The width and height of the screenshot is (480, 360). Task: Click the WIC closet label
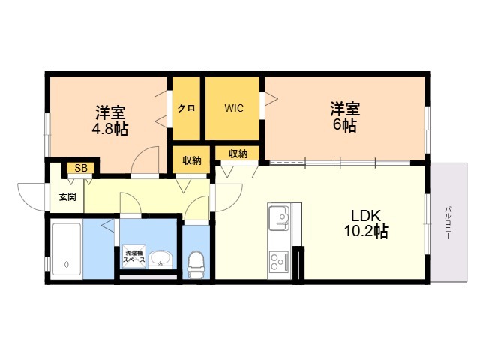pyautogui.click(x=234, y=108)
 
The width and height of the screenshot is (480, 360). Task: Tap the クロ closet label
pyautogui.click(x=187, y=108)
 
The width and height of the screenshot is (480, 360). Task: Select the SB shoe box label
pyautogui.click(x=81, y=168)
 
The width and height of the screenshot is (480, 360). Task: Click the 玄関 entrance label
pyautogui.click(x=67, y=196)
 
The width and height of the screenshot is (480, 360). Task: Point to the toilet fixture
pyautogui.click(x=196, y=265)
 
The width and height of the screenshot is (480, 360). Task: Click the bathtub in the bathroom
pyautogui.click(x=67, y=249)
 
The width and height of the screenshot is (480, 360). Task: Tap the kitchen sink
pyautogui.click(x=279, y=218)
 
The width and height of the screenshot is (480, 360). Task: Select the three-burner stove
pyautogui.click(x=278, y=261)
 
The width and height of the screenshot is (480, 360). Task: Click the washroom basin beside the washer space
pyautogui.click(x=160, y=259)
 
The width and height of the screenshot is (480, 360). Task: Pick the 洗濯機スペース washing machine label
pyautogui.click(x=133, y=256)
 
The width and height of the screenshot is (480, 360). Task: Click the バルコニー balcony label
pyautogui.click(x=448, y=223)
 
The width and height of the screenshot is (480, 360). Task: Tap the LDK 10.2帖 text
pyautogui.click(x=366, y=223)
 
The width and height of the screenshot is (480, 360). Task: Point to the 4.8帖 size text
pyautogui.click(x=110, y=130)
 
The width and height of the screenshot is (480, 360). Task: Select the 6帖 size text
pyautogui.click(x=345, y=125)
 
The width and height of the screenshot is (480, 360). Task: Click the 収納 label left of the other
pyautogui.click(x=192, y=160)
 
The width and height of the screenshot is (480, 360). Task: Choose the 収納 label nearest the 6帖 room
pyautogui.click(x=238, y=154)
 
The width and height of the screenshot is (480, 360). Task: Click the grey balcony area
pyautogui.click(x=448, y=223)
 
